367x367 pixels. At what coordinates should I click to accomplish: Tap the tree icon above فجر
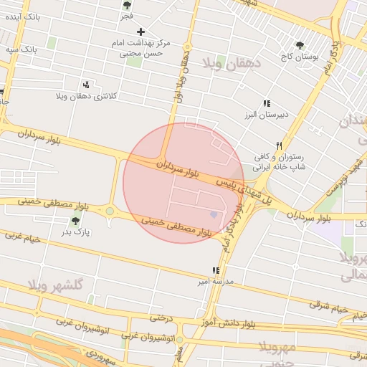pyautogui.click(x=127, y=5)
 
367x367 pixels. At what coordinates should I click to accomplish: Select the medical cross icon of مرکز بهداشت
pyautogui.click(x=140, y=32)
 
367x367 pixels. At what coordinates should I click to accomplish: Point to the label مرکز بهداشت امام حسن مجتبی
pyautogui.click(x=140, y=48)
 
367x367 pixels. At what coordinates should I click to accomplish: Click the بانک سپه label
pyautogui.click(x=19, y=49)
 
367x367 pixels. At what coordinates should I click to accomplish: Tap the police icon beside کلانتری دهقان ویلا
pyautogui.click(x=86, y=85)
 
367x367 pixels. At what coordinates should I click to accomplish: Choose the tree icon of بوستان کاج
pyautogui.click(x=300, y=45)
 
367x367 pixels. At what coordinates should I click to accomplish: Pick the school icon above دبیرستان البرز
pyautogui.click(x=267, y=104)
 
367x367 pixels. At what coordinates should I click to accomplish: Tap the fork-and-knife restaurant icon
pyautogui.click(x=280, y=145)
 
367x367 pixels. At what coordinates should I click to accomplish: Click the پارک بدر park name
pyautogui.click(x=76, y=232)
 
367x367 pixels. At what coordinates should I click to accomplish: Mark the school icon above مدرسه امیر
pyautogui.click(x=215, y=271)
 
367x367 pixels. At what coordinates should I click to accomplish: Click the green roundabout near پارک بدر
pyautogui.click(x=110, y=211)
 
